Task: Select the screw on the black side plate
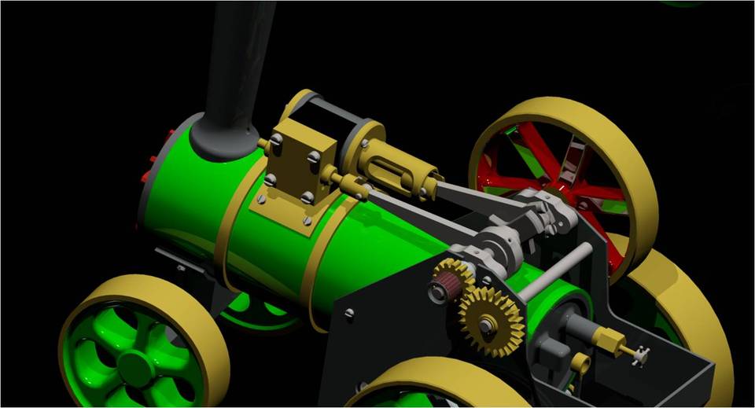(348, 314)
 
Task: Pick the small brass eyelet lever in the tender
(580, 362)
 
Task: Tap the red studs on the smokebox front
(148, 169)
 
